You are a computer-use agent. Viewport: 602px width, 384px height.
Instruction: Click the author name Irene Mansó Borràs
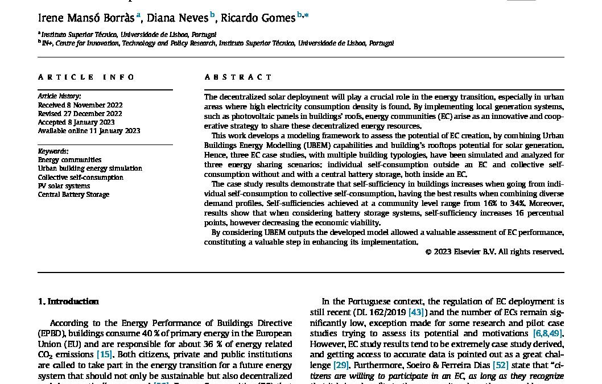85,17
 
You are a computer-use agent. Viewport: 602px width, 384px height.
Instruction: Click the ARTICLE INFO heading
86,77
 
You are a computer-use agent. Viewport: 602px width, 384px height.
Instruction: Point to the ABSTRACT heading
238,77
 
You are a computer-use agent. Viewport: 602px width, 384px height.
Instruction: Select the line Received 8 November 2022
80,105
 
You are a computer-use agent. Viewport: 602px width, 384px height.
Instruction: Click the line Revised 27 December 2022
80,114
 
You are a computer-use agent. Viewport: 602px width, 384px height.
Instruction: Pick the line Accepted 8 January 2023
76,122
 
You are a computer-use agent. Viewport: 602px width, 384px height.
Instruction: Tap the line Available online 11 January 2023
89,131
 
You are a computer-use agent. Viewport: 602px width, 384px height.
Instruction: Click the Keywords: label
53,151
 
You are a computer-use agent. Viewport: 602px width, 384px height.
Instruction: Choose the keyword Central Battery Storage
73,195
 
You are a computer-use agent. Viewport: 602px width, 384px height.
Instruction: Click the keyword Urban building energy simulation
90,168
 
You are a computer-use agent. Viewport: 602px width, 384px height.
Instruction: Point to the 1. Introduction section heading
68,302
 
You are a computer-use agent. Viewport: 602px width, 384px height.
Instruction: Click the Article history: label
59,96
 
